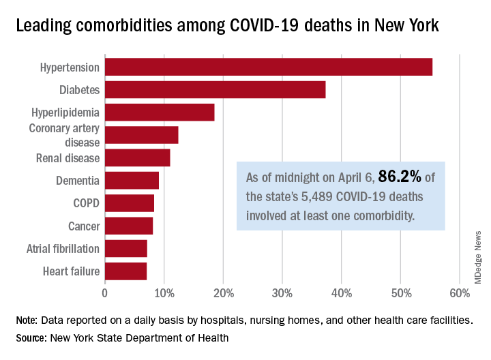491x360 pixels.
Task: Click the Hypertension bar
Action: [268, 67]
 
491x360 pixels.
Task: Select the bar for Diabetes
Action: [215, 89]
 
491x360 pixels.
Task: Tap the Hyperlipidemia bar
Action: [160, 112]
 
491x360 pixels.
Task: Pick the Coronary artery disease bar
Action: [141, 135]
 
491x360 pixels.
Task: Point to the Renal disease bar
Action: [137, 157]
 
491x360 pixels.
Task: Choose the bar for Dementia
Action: [132, 181]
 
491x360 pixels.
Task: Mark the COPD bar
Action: [129, 203]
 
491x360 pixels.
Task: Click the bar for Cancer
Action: [128, 226]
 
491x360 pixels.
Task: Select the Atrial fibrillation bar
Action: [125, 248]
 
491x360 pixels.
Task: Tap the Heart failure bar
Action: [125, 271]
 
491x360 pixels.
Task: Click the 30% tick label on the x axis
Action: [282, 293]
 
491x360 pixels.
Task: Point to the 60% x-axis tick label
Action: [460, 293]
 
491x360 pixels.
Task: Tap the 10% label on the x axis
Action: [164, 293]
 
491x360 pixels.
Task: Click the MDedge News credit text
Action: [478, 256]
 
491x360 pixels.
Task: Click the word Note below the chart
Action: [29, 320]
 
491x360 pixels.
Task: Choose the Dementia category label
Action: [78, 181]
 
